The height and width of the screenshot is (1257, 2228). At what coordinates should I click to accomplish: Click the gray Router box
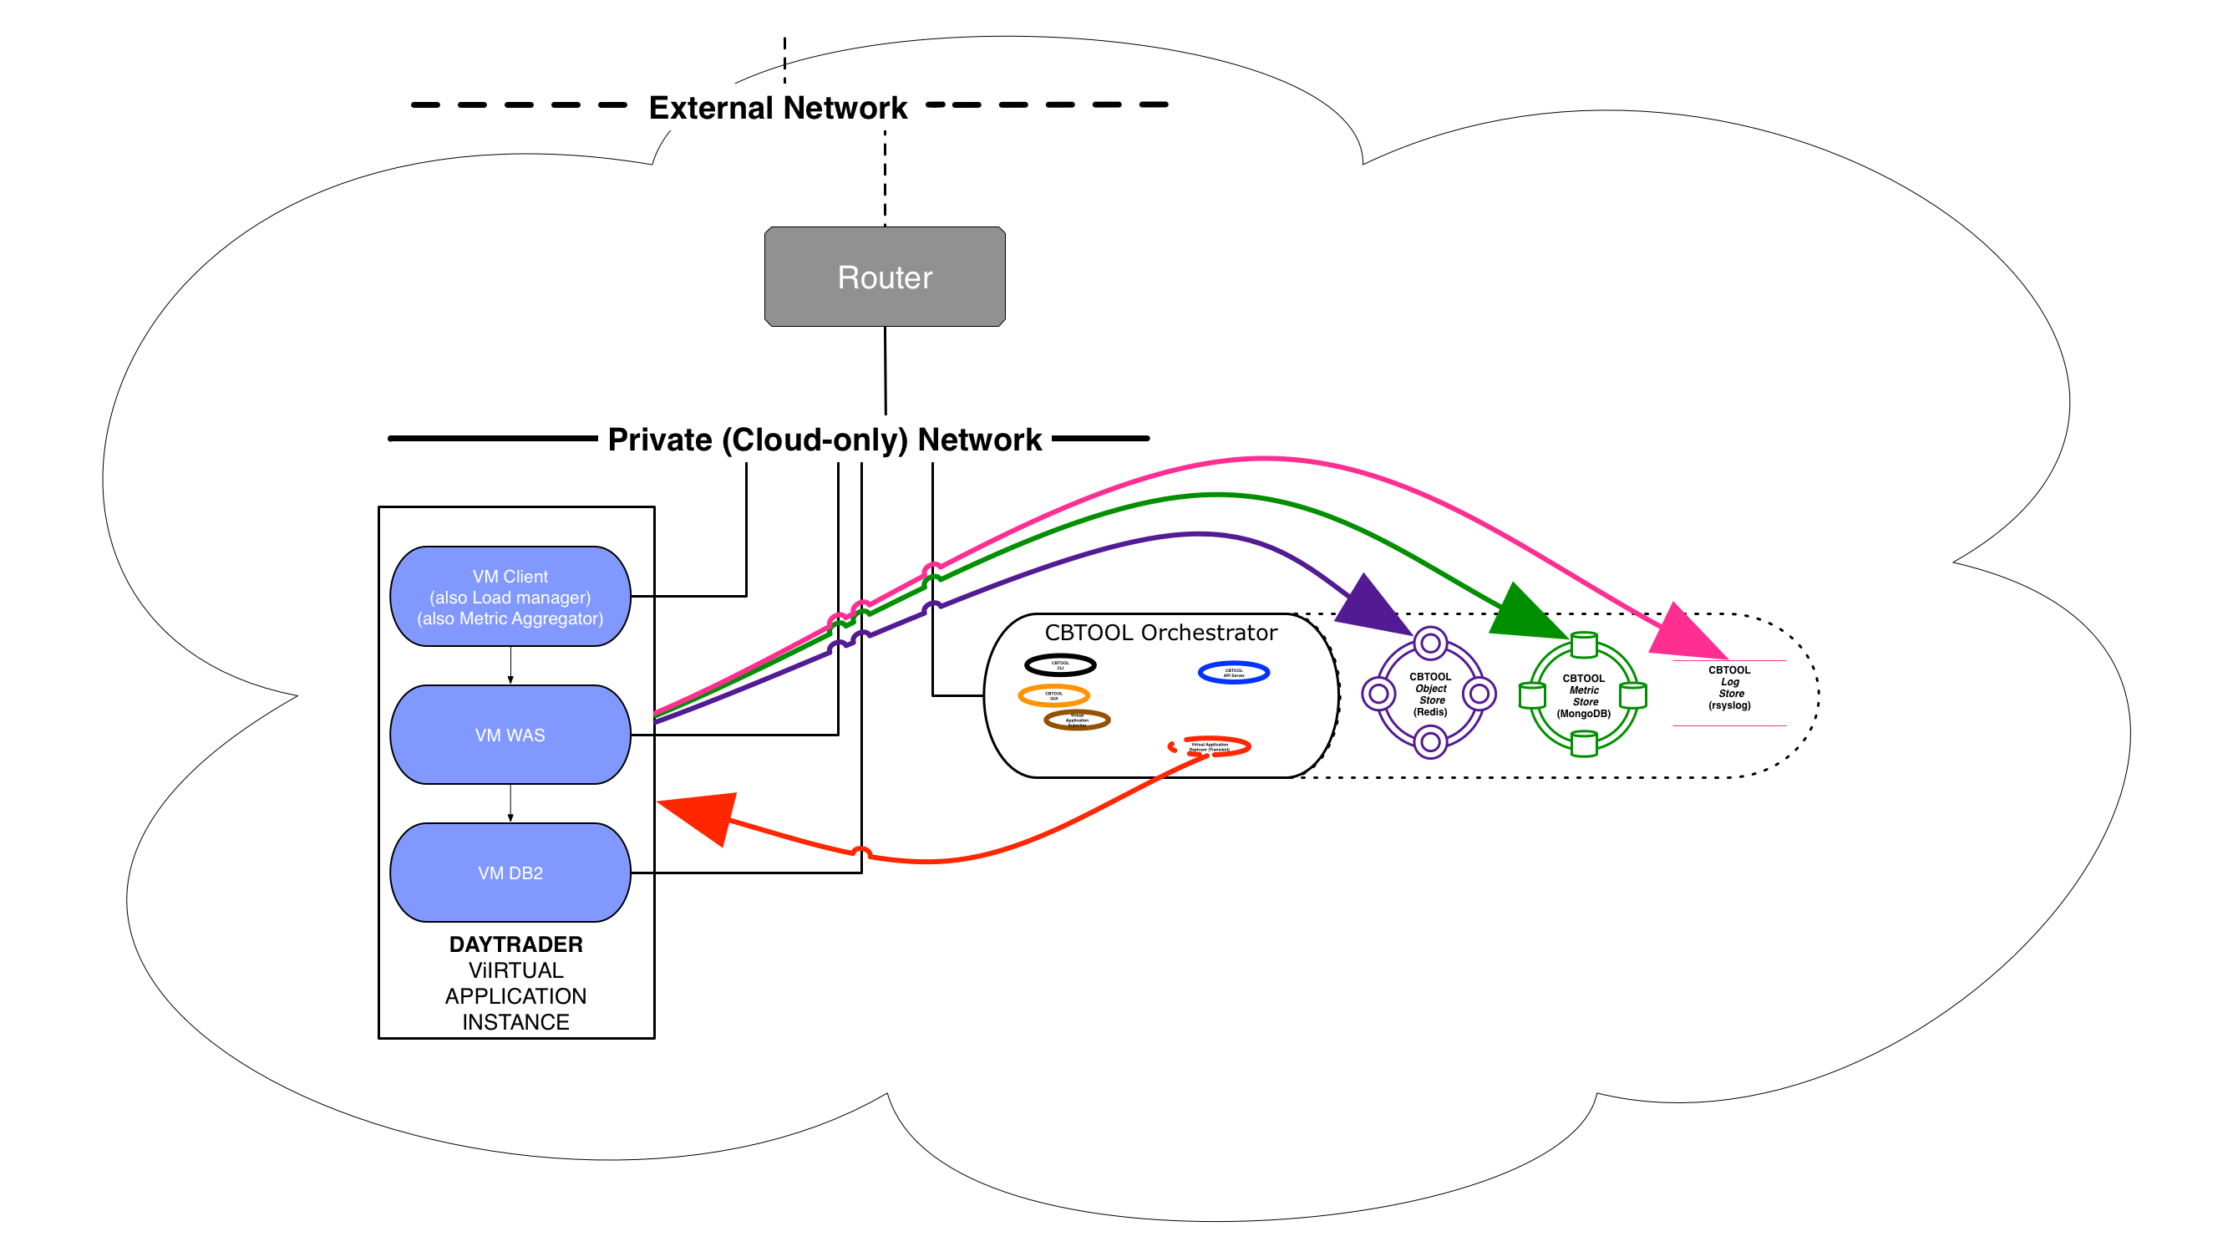pyautogui.click(x=885, y=277)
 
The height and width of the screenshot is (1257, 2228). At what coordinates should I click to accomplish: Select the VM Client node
pyautogui.click(x=510, y=597)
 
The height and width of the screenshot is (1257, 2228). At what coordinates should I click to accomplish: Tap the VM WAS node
pyautogui.click(x=510, y=735)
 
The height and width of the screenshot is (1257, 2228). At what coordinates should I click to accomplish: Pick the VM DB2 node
pyautogui.click(x=510, y=873)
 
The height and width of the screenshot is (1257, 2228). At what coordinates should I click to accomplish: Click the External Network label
pyautogui.click(x=778, y=108)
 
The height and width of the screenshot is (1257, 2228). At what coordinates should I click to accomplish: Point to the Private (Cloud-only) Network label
pyautogui.click(x=825, y=440)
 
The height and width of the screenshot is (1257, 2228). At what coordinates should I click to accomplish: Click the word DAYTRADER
pyautogui.click(x=515, y=944)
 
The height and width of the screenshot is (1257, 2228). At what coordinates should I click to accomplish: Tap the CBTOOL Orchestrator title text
pyautogui.click(x=1160, y=633)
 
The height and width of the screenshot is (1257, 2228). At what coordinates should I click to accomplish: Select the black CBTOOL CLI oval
pyautogui.click(x=1060, y=665)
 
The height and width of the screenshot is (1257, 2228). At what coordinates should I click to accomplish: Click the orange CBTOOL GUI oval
pyautogui.click(x=1053, y=695)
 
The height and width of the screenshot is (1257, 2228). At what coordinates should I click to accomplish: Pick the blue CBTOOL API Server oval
pyautogui.click(x=1234, y=672)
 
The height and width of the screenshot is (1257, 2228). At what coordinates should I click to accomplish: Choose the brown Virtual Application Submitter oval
pyautogui.click(x=1077, y=720)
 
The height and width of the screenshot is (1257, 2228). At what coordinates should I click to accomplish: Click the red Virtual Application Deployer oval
pyautogui.click(x=1210, y=746)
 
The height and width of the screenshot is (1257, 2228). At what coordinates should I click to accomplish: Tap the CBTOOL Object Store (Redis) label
pyautogui.click(x=1429, y=694)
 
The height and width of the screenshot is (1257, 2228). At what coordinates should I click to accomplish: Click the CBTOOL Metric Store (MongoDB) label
pyautogui.click(x=1583, y=695)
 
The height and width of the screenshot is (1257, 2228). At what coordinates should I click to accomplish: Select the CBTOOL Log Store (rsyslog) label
pyautogui.click(x=1729, y=688)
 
